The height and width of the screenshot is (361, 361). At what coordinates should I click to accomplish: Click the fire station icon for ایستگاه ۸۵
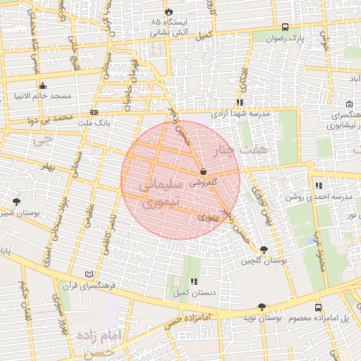169,11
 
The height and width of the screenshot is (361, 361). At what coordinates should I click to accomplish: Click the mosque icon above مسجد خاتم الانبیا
42,85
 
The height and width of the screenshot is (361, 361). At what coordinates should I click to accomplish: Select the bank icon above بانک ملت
94,113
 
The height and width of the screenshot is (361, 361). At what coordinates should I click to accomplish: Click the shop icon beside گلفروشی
204,171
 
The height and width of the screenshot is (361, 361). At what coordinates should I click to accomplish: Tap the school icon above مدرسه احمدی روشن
319,186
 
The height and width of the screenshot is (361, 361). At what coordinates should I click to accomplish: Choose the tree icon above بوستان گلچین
264,250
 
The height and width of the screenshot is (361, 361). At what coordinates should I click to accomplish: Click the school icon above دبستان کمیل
193,281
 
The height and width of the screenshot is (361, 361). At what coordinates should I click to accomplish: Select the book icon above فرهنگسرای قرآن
88,274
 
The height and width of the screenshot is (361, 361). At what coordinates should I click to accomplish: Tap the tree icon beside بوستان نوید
262,307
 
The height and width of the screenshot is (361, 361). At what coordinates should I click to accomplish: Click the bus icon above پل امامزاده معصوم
318,307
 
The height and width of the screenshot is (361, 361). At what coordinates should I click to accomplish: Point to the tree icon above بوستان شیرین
16,202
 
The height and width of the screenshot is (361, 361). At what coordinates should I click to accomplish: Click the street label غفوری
208,218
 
